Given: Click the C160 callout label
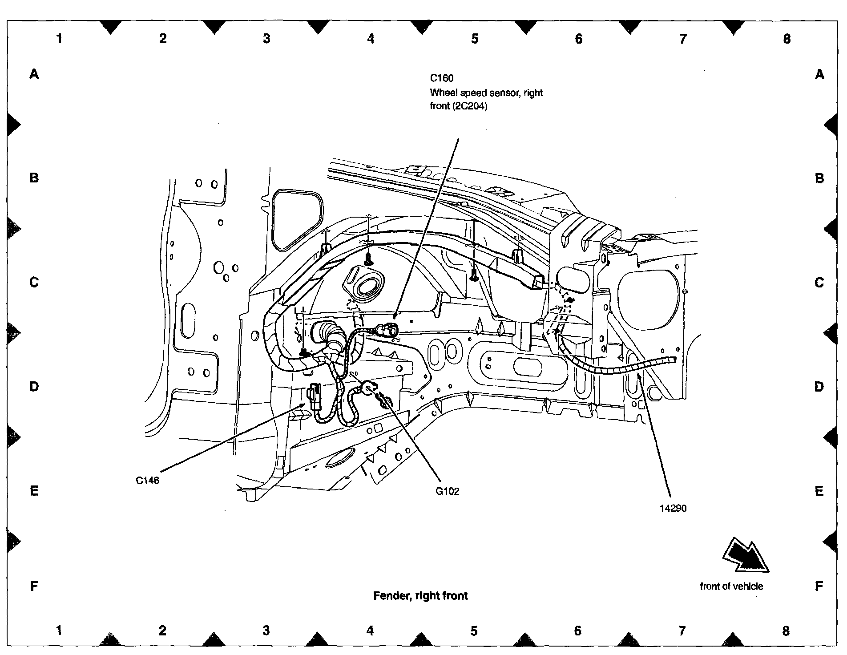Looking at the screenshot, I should [441, 78].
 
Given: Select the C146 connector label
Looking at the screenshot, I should [147, 481].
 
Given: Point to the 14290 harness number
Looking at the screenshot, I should [673, 508].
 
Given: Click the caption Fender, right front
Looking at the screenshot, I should [420, 596].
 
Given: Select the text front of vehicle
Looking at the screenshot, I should [731, 586].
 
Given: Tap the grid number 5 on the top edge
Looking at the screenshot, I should [475, 39].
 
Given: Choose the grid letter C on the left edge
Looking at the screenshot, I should [34, 282].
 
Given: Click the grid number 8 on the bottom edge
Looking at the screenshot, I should [786, 631].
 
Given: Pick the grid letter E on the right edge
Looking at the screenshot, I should [819, 491].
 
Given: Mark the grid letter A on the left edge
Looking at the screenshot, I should [34, 74].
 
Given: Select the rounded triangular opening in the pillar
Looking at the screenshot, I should [297, 220].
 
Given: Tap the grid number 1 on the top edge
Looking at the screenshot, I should [59, 39].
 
